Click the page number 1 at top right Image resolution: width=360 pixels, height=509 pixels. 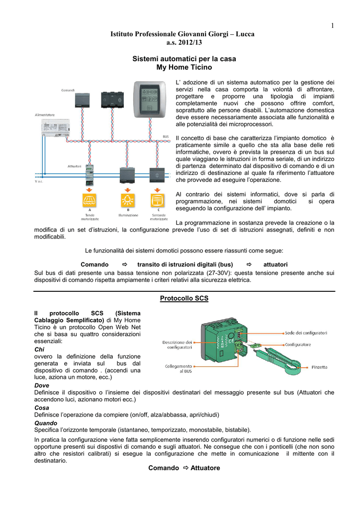click(x=330, y=26)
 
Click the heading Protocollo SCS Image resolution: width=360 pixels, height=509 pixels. click(x=184, y=298)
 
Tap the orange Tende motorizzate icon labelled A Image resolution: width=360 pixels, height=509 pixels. click(x=90, y=200)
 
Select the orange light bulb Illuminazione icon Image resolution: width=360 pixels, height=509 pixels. click(x=128, y=200)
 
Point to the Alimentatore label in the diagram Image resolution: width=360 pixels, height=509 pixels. click(x=45, y=114)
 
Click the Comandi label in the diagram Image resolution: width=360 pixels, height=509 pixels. click(x=68, y=90)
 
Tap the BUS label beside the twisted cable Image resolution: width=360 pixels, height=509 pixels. click(x=166, y=136)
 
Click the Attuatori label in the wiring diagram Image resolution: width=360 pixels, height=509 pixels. click(x=75, y=166)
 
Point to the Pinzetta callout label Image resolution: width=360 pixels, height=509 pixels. click(x=319, y=367)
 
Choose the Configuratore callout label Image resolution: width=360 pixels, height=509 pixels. click(x=298, y=344)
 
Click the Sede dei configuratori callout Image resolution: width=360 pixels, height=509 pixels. click(x=306, y=333)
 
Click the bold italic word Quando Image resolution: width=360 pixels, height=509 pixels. click(x=46, y=423)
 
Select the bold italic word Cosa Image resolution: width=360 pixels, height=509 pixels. click(x=42, y=408)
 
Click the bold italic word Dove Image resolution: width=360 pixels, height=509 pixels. click(x=42, y=385)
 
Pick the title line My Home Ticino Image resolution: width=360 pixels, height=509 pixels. click(x=184, y=67)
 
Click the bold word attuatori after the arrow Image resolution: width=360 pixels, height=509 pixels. click(x=275, y=264)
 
